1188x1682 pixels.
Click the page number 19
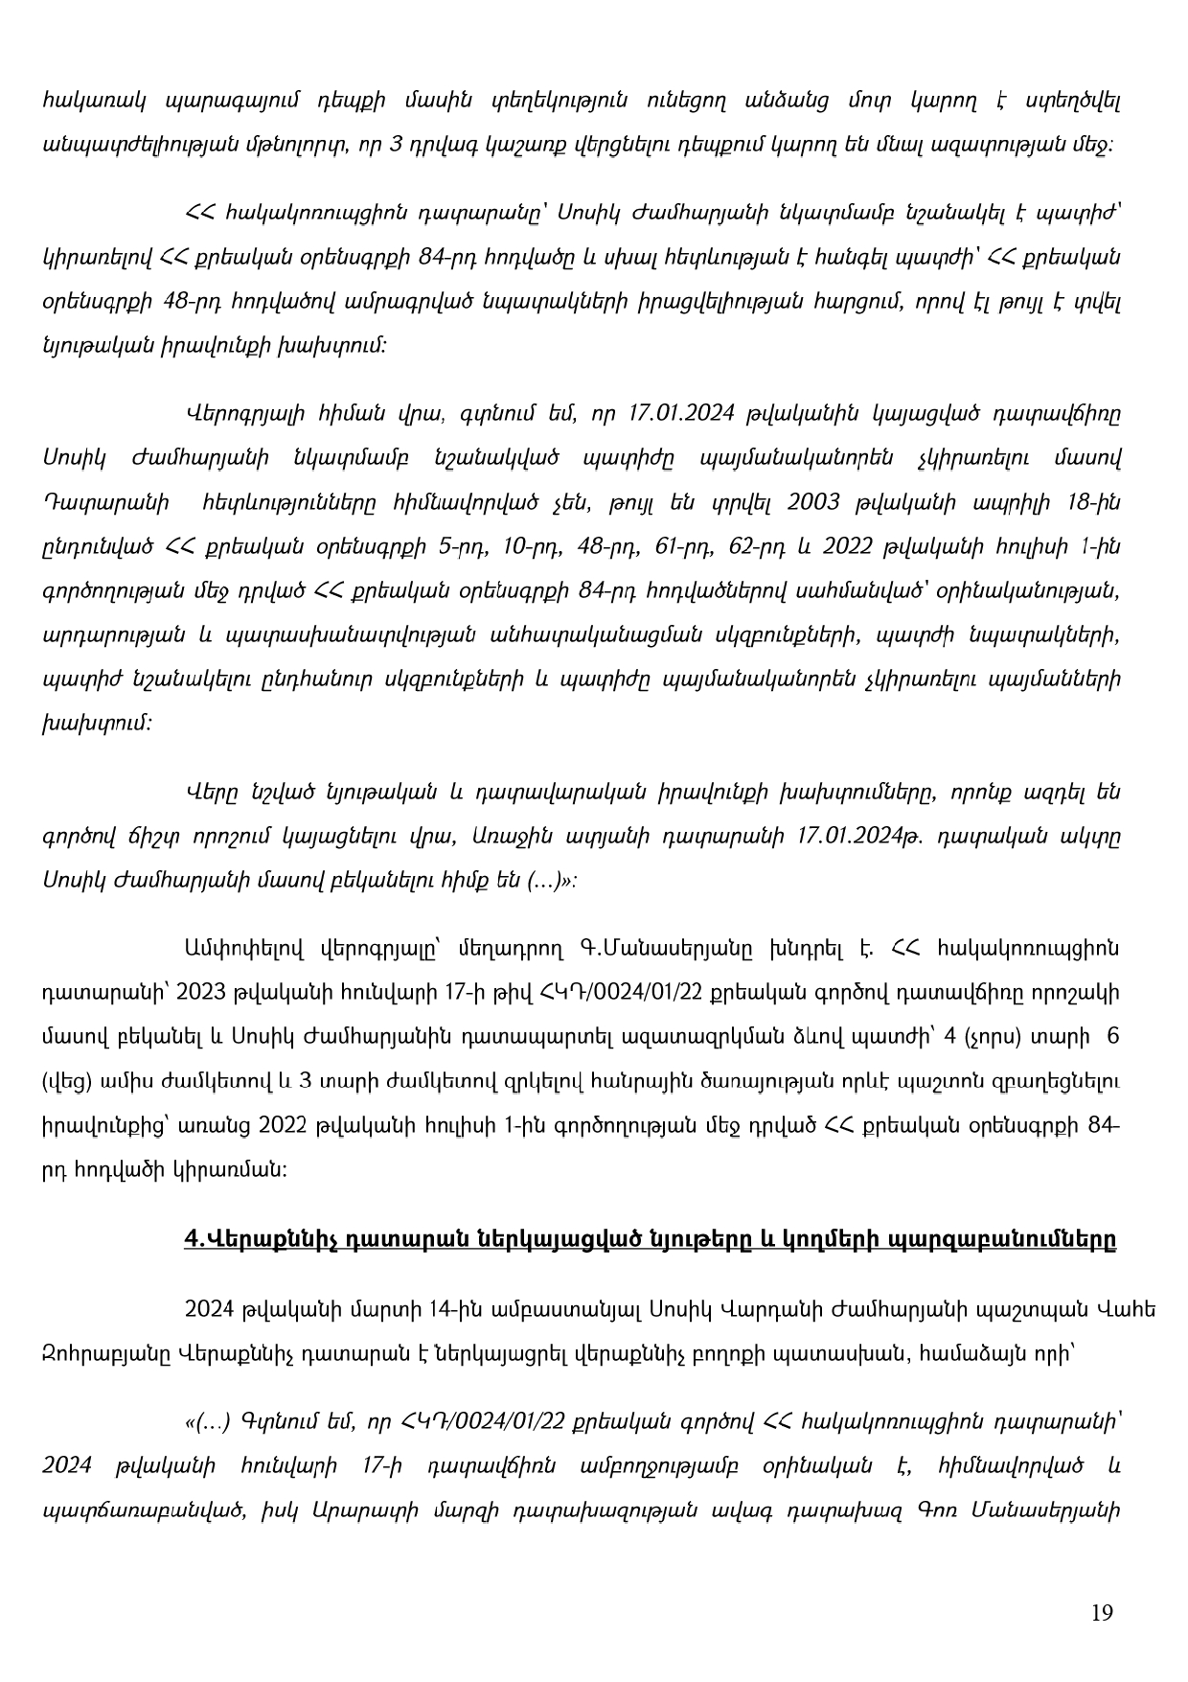1102,1613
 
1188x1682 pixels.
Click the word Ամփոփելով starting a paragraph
243,948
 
